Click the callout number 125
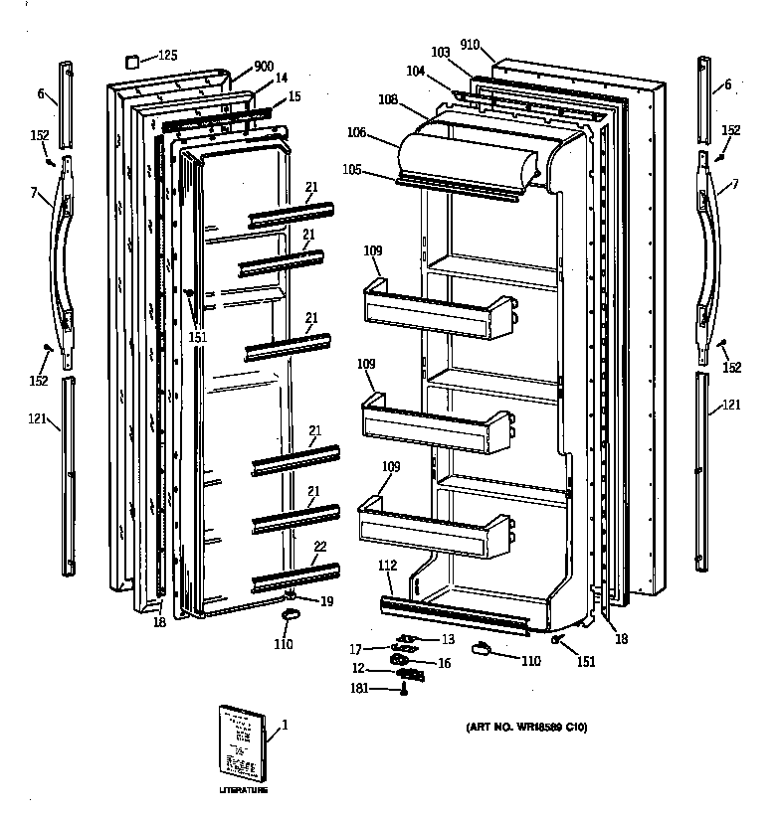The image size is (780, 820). point(168,55)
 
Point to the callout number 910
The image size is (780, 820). point(471,45)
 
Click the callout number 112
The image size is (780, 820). point(388,566)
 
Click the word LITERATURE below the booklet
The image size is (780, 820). point(243,790)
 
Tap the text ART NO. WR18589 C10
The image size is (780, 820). point(526,728)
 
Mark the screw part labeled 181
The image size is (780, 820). point(405,690)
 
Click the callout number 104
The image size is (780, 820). point(415,71)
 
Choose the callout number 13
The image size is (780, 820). point(448,639)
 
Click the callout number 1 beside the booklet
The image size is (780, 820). point(285,725)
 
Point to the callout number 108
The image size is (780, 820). point(387,99)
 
